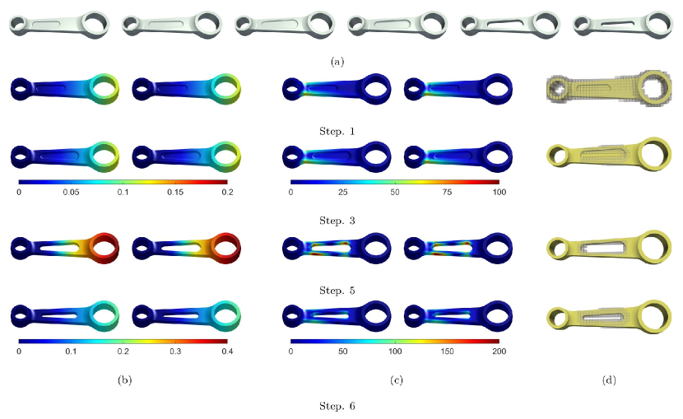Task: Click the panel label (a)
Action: [x=337, y=62]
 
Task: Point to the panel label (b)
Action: [x=124, y=379]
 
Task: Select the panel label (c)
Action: [x=396, y=379]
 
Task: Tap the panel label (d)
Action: [x=609, y=379]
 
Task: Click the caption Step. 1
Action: [x=337, y=131]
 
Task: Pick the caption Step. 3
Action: [x=337, y=221]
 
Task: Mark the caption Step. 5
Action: [x=337, y=290]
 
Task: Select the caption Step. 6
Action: [x=337, y=406]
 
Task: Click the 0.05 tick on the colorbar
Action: [x=71, y=192]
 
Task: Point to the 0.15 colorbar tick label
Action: [x=175, y=192]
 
